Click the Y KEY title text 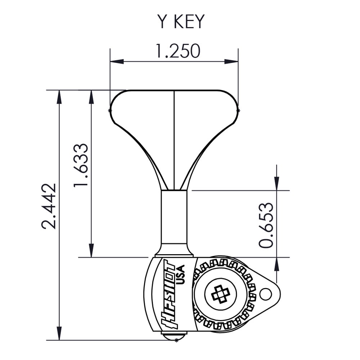(180, 22)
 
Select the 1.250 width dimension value (177, 51)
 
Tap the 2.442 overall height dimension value (49, 206)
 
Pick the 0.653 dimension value (267, 225)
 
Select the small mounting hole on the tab (266, 294)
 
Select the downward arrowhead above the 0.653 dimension (276, 184)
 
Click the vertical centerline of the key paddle (174, 140)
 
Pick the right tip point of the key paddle (239, 110)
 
